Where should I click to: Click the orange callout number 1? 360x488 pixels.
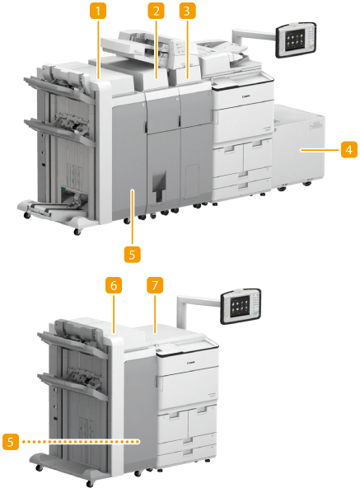[x=98, y=11]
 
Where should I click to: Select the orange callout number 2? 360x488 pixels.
[x=157, y=11]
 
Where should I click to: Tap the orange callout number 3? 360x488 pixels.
[x=188, y=11]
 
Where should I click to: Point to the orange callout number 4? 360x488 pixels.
[x=349, y=150]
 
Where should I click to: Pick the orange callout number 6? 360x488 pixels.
[x=114, y=285]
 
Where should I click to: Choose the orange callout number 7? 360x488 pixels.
[x=155, y=285]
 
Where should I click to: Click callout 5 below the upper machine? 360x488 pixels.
[x=133, y=254]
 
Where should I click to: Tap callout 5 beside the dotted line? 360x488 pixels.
[x=11, y=442]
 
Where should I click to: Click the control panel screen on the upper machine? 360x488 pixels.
[x=294, y=40]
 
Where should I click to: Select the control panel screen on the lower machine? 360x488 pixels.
[x=241, y=304]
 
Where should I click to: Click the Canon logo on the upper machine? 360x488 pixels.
[x=245, y=96]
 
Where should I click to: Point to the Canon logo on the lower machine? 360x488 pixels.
[x=191, y=363]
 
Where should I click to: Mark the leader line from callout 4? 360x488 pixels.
[x=320, y=150]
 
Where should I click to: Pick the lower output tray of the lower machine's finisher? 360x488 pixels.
[x=72, y=385]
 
